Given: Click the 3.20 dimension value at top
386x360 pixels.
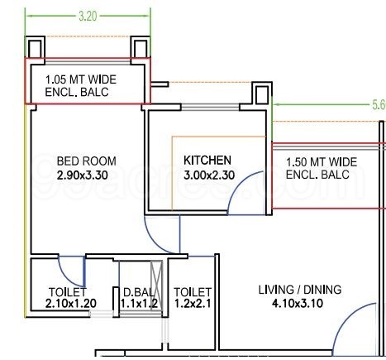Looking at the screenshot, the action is (x=88, y=16).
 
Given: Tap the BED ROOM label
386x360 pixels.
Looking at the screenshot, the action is (x=87, y=161).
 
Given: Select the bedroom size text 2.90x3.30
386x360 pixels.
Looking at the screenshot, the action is (x=83, y=175).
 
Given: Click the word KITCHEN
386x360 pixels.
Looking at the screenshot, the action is (x=207, y=161).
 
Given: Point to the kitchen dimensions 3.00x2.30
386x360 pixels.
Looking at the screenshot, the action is (x=209, y=175).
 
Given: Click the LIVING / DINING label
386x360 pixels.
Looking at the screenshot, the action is (x=300, y=290).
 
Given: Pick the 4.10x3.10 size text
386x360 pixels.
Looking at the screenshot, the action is (x=298, y=304).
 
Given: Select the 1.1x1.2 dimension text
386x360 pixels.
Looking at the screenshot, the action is (x=139, y=304).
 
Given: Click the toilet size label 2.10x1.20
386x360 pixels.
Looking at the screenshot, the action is (x=71, y=304).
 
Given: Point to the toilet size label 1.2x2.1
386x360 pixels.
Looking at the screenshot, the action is (x=193, y=304).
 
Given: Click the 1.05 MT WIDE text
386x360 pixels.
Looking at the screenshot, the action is (x=81, y=79).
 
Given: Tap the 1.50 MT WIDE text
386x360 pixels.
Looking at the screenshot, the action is (x=322, y=162).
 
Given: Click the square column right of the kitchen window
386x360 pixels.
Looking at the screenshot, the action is (x=262, y=95).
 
